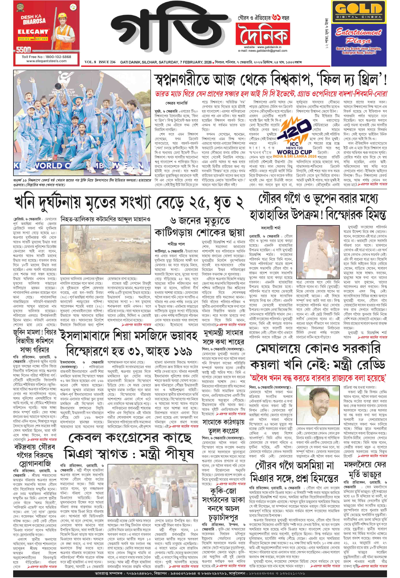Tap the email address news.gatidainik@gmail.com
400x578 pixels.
[x=263, y=51]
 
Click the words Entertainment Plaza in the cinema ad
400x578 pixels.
[x=359, y=36]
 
